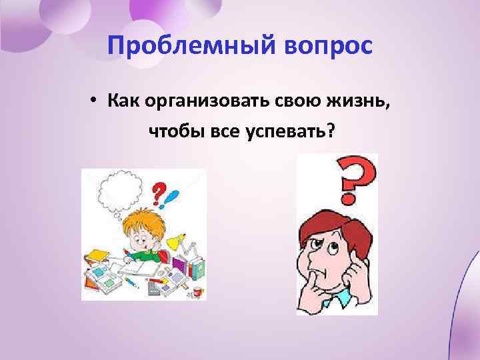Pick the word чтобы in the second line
pyautogui.click(x=173, y=132)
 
